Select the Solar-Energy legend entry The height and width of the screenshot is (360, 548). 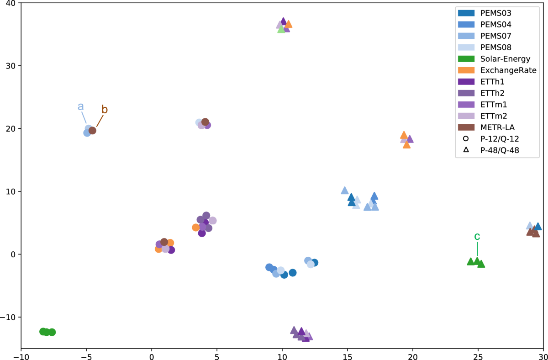pyautogui.click(x=498, y=58)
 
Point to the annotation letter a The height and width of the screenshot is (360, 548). pyautogui.click(x=80, y=106)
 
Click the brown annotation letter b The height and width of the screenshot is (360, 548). pyautogui.click(x=105, y=110)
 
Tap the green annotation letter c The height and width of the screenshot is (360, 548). pyautogui.click(x=477, y=236)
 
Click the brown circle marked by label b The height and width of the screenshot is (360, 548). pyautogui.click(x=92, y=131)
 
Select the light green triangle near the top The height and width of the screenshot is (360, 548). pyautogui.click(x=281, y=29)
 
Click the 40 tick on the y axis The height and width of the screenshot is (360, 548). pyautogui.click(x=10, y=3)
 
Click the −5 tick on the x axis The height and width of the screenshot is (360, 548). pyautogui.click(x=86, y=355)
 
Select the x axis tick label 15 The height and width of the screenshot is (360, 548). pyautogui.click(x=348, y=355)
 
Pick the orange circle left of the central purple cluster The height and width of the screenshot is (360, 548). pyautogui.click(x=196, y=228)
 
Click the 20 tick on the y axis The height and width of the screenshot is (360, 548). pyautogui.click(x=10, y=129)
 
